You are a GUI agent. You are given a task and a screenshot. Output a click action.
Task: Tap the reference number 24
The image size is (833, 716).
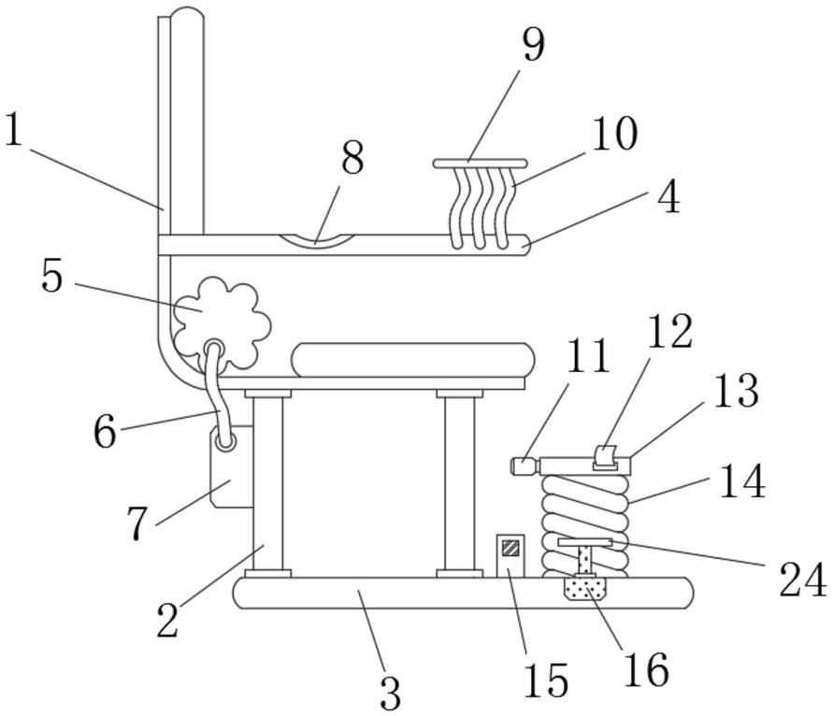coord(803,580)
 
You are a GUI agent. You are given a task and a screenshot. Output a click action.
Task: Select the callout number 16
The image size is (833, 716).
coord(646,669)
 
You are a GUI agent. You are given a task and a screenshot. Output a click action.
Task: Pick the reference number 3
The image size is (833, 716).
coord(391,694)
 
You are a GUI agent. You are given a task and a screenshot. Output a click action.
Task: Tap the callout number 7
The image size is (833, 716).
coord(137,523)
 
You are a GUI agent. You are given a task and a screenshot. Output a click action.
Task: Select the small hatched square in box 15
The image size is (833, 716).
coord(511,548)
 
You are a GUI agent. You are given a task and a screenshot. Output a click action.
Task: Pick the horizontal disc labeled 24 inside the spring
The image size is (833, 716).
coord(585,542)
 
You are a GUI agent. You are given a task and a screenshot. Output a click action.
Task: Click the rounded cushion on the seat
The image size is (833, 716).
coord(413,360)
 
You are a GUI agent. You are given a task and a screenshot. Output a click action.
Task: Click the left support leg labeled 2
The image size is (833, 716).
coord(268,483)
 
